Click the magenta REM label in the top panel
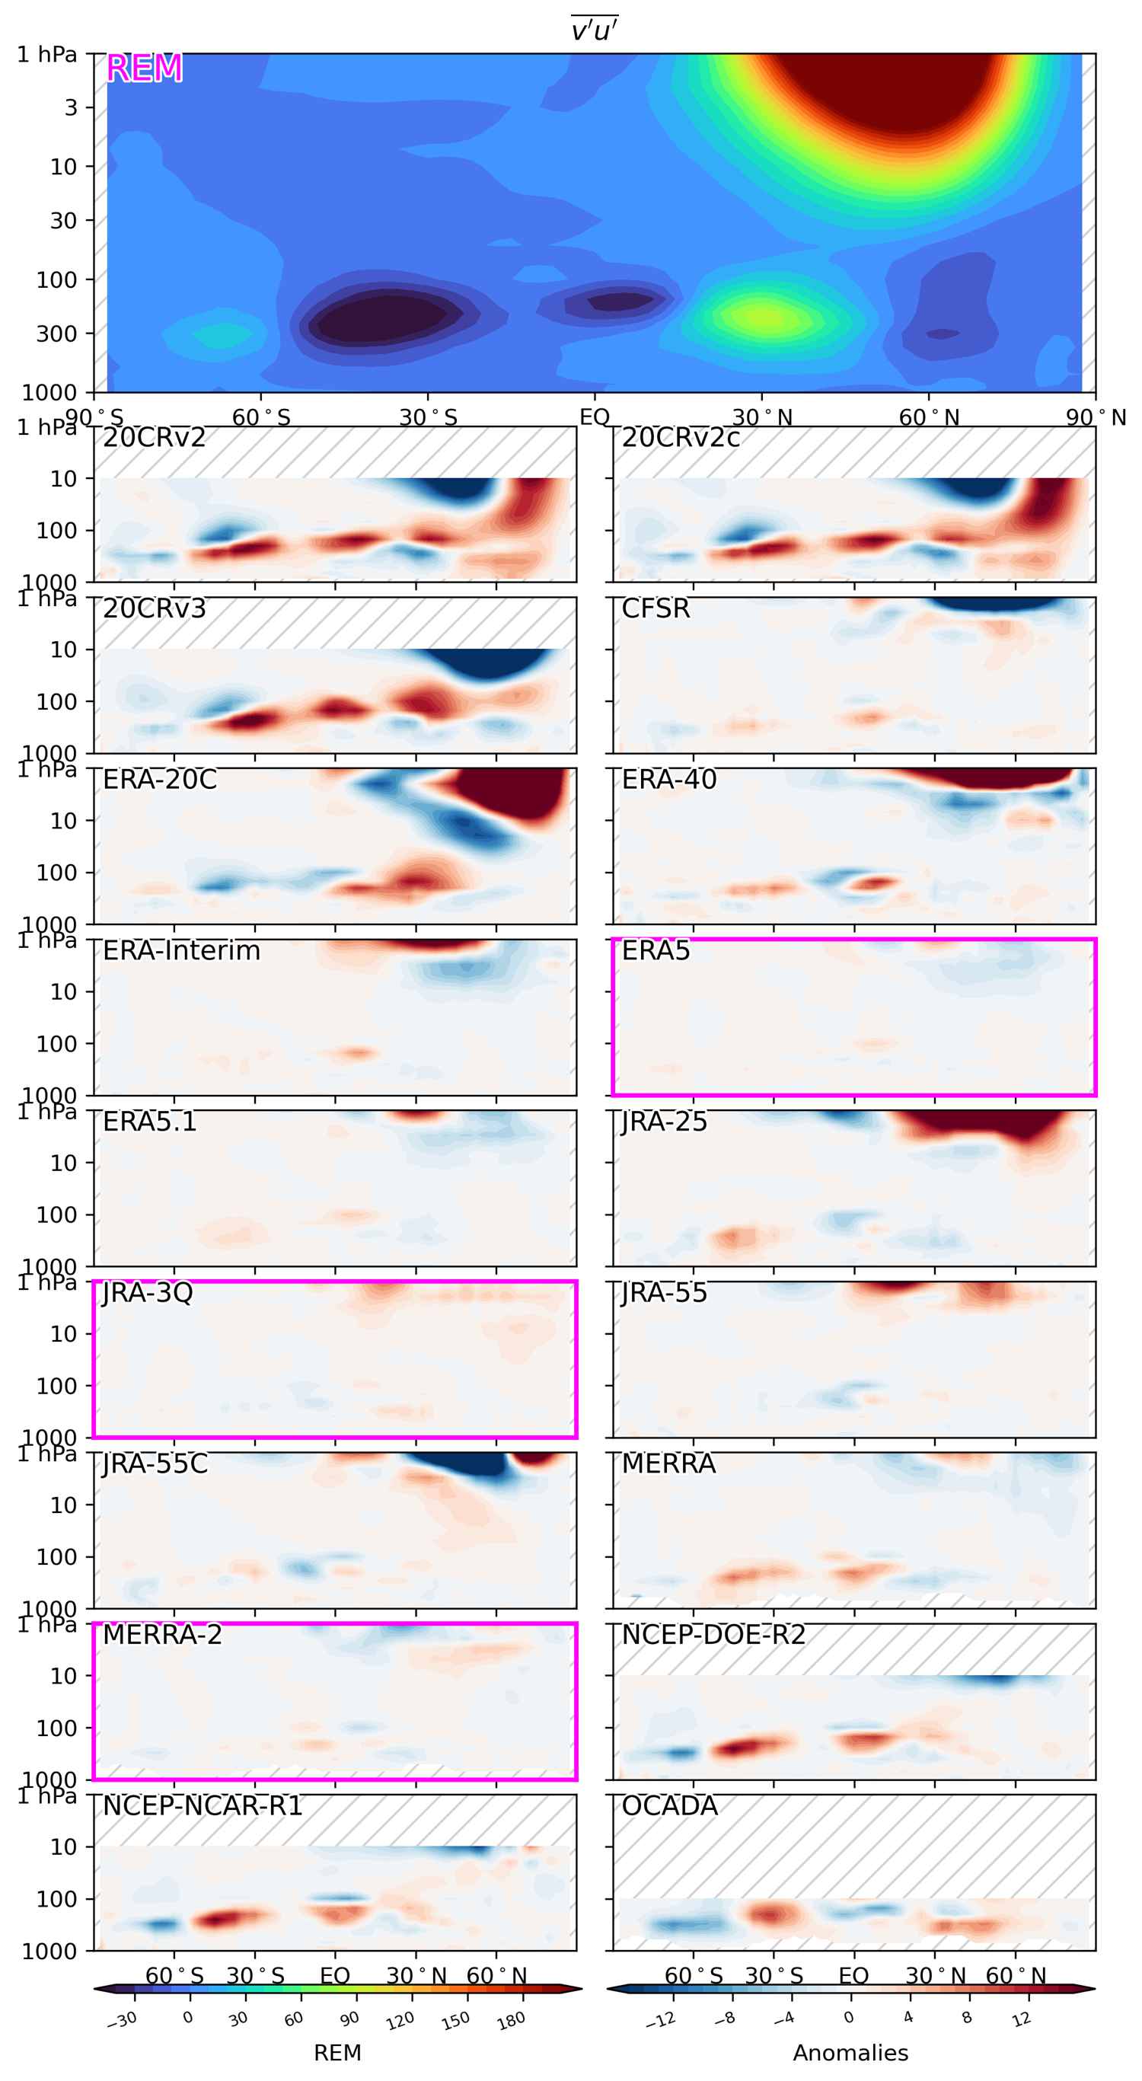click(x=144, y=69)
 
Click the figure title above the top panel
click(x=595, y=30)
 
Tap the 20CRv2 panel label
click(x=155, y=438)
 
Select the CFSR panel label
click(x=656, y=609)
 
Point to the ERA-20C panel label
click(x=160, y=780)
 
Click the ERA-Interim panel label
click(x=182, y=951)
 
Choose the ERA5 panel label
click(x=656, y=951)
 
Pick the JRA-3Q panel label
click(x=148, y=1294)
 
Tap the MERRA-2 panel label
click(x=162, y=1635)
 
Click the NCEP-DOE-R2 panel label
click(x=713, y=1635)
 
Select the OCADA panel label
click(x=669, y=1806)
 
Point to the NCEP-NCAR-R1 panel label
click(x=203, y=1806)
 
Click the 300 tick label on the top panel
click(x=56, y=334)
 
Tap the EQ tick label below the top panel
click(x=595, y=418)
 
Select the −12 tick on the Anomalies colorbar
click(x=661, y=2020)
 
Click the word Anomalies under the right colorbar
click(x=850, y=2053)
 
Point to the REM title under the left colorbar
click(x=337, y=2053)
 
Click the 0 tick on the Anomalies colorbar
click(x=849, y=2017)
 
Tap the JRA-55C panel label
click(x=155, y=1464)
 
